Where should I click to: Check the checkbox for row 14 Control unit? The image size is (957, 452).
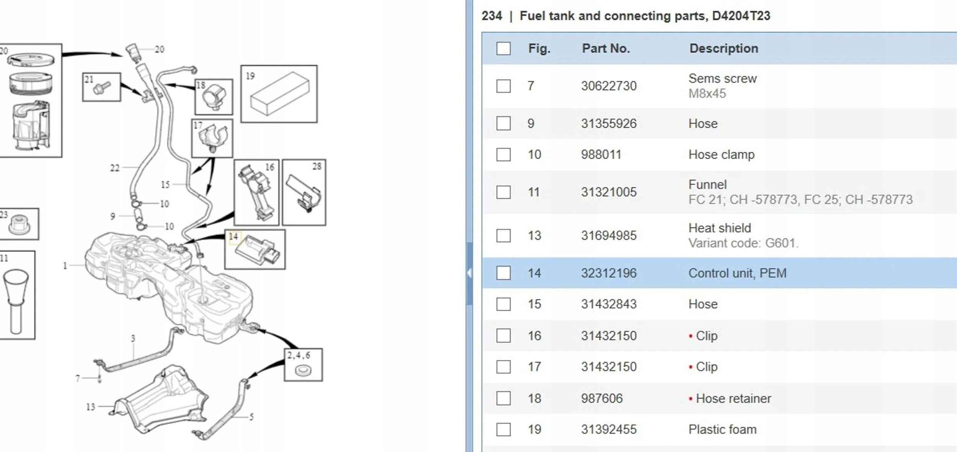(503, 273)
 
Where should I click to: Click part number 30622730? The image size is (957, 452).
(609, 86)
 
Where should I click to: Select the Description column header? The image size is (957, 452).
(723, 49)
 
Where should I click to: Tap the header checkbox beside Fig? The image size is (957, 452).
(503, 49)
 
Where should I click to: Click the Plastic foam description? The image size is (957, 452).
(722, 429)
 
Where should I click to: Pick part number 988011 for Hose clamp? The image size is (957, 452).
(601, 155)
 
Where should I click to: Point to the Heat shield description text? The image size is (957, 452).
(720, 228)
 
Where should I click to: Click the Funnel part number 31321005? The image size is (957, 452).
(609, 192)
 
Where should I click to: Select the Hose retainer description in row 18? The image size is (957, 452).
(733, 398)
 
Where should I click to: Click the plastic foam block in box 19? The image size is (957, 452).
(279, 94)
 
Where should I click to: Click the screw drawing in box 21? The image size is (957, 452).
(102, 88)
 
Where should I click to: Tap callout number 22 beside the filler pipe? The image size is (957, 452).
(115, 168)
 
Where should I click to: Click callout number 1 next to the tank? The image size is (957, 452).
(65, 266)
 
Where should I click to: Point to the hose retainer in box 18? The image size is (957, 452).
(214, 98)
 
